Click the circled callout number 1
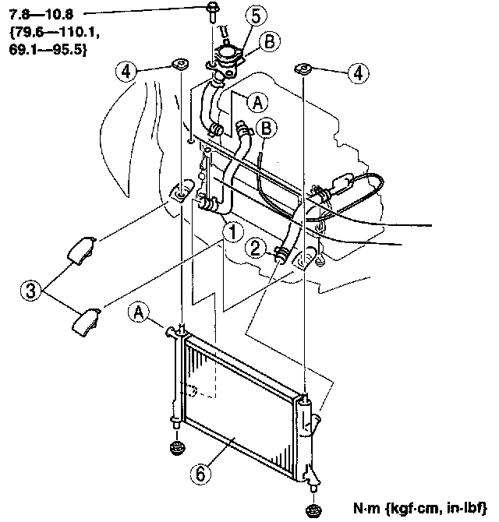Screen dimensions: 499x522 230,231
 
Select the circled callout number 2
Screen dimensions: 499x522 256,249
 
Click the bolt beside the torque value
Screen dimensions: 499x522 211,13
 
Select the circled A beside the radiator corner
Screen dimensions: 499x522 139,313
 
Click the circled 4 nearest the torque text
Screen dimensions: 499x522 128,72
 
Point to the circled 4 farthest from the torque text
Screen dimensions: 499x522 357,73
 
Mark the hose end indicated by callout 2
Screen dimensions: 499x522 281,253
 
